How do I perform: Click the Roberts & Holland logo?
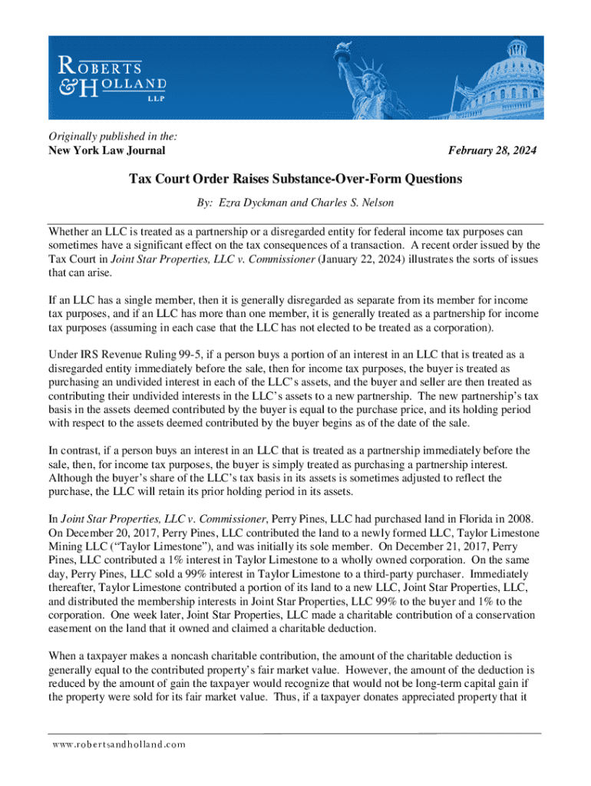109,77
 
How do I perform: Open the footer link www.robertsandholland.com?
119,745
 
